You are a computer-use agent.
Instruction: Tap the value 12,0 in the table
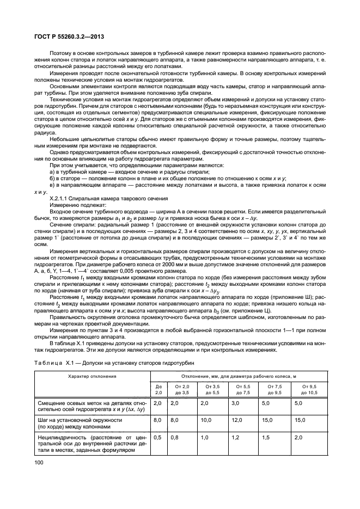click(x=237, y=420)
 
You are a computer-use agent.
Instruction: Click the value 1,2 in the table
click(x=236, y=437)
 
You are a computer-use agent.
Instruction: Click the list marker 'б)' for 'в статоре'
click(x=53, y=178)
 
